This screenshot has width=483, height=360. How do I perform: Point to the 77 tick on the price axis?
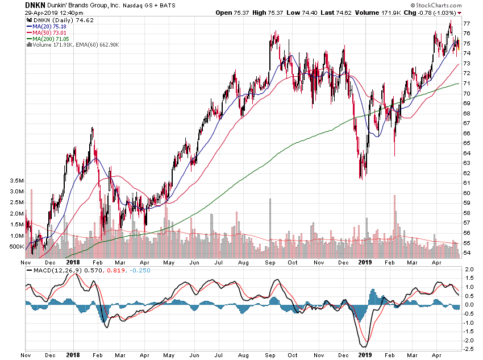pos(466,24)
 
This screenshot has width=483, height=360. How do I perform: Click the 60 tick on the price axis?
pos(466,193)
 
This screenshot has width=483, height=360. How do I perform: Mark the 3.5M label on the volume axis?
pos(16,181)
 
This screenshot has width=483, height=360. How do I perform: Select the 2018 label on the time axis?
pos(73,263)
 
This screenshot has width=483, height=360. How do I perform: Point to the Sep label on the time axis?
pos(268,263)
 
